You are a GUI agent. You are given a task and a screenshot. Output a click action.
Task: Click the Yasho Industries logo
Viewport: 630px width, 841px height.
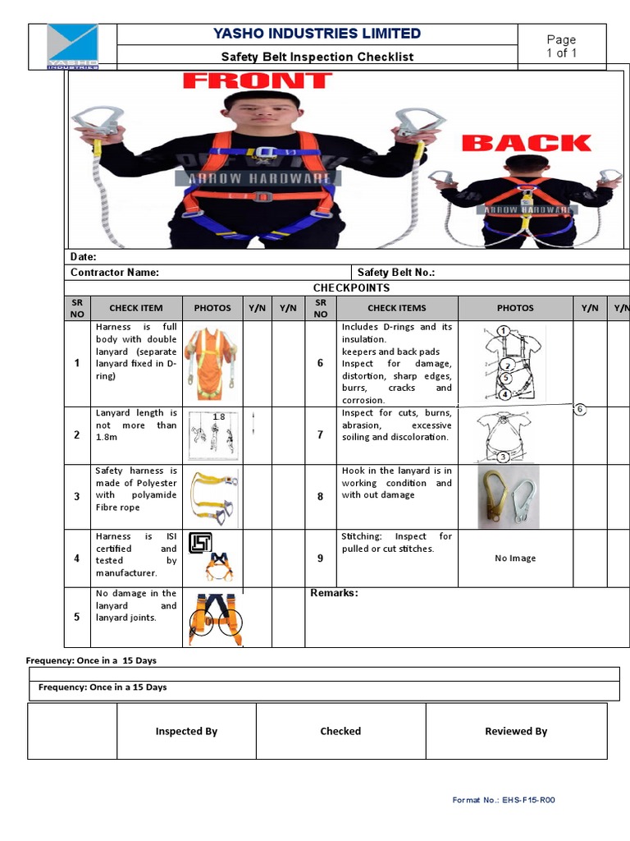point(73,46)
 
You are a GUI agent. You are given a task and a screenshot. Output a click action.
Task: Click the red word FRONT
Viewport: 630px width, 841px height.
point(257,80)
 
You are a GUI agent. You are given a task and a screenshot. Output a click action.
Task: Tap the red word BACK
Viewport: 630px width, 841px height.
point(526,143)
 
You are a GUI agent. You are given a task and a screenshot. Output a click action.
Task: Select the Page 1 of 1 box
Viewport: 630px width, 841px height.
point(561,46)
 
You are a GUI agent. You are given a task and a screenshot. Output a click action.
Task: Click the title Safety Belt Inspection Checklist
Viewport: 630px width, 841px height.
point(317,57)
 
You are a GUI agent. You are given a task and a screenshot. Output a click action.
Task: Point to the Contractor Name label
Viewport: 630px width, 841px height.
point(115,273)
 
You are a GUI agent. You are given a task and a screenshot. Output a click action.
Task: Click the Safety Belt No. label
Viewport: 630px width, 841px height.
point(396,273)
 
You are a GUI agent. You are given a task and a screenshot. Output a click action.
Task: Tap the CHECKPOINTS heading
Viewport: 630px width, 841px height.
point(351,288)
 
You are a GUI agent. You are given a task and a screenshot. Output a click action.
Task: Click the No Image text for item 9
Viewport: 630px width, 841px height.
point(515,558)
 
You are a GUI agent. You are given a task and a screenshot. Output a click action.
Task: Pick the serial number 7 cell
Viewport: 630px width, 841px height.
point(320,434)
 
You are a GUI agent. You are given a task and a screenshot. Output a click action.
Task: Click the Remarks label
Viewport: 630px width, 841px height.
point(334,593)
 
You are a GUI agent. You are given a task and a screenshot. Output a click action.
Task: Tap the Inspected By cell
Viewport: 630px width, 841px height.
point(186,731)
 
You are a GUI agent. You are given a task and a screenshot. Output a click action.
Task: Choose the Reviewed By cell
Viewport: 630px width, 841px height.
point(516,731)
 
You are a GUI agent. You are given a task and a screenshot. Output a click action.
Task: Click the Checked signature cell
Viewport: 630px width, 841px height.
point(340,731)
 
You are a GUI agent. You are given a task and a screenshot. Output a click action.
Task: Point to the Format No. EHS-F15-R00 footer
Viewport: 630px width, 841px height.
point(504,800)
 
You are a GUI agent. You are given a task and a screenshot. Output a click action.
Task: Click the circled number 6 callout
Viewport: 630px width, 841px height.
point(580,409)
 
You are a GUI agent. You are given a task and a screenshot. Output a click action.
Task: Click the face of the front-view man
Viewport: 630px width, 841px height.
point(251,114)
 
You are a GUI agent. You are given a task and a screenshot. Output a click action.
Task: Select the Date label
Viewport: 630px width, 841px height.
point(84,257)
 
